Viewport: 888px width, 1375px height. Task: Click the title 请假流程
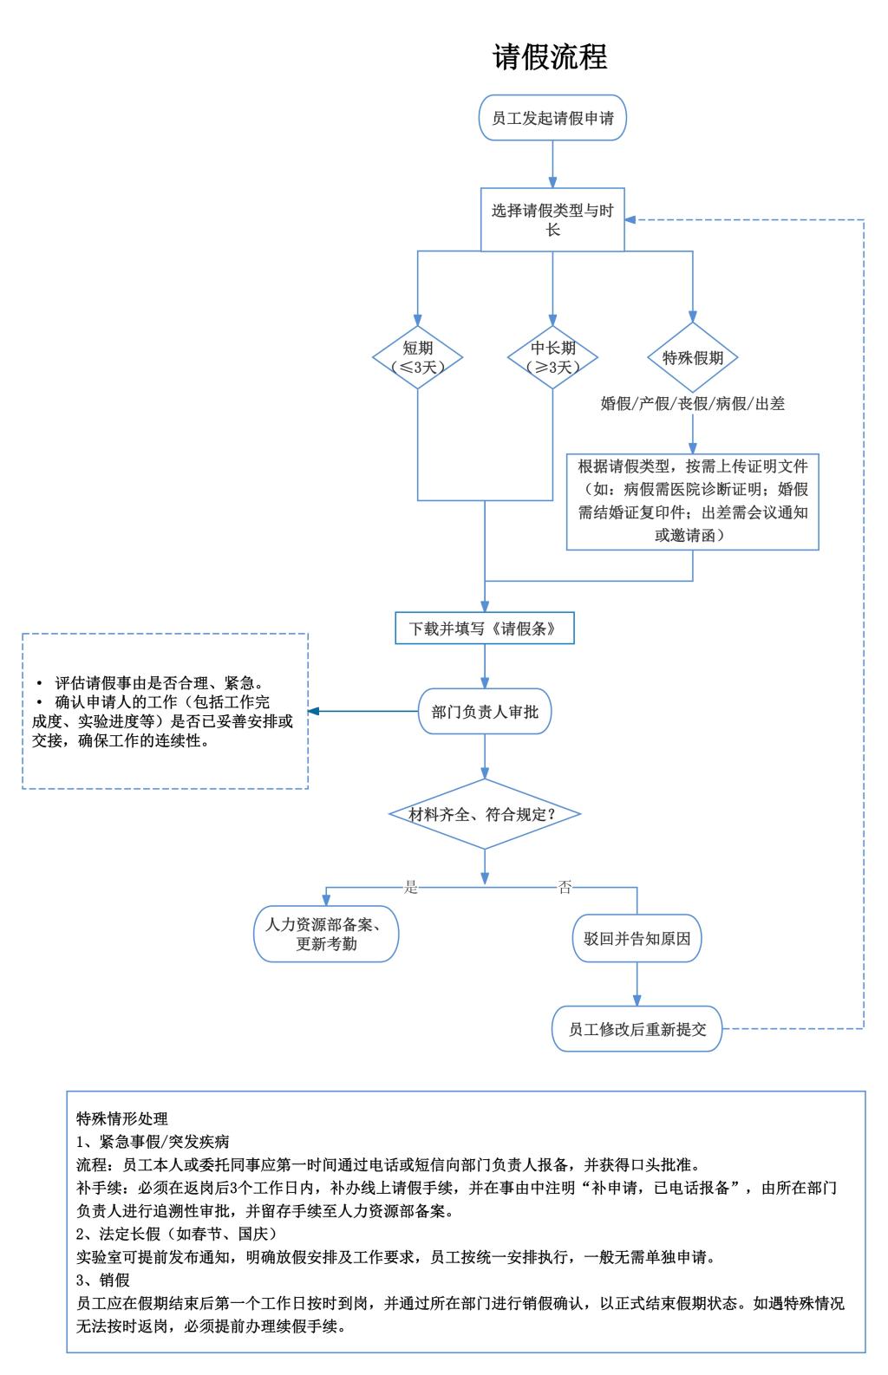tap(550, 56)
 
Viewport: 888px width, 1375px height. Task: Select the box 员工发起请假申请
tap(552, 118)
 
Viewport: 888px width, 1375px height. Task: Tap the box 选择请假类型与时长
tap(552, 219)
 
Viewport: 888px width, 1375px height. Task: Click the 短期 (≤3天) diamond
tap(417, 357)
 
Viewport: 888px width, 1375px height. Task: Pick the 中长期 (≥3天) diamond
tap(552, 357)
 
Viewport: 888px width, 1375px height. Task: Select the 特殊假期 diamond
tap(692, 357)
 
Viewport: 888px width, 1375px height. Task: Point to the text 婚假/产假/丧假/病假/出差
tap(692, 403)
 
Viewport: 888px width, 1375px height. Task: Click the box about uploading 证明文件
tap(692, 501)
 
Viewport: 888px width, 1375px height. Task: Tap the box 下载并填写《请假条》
tap(484, 629)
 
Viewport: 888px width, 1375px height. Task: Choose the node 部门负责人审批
tap(484, 712)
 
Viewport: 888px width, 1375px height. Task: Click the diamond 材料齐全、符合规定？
tap(484, 815)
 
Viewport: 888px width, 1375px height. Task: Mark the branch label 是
tap(411, 887)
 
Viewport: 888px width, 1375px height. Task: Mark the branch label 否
tap(565, 887)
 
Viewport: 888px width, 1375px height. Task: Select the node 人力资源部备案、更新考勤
tap(326, 934)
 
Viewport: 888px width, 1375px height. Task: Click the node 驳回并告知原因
tap(637, 938)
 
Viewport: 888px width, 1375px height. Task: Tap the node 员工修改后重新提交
tap(637, 1030)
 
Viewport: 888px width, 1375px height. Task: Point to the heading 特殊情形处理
tap(122, 1118)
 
